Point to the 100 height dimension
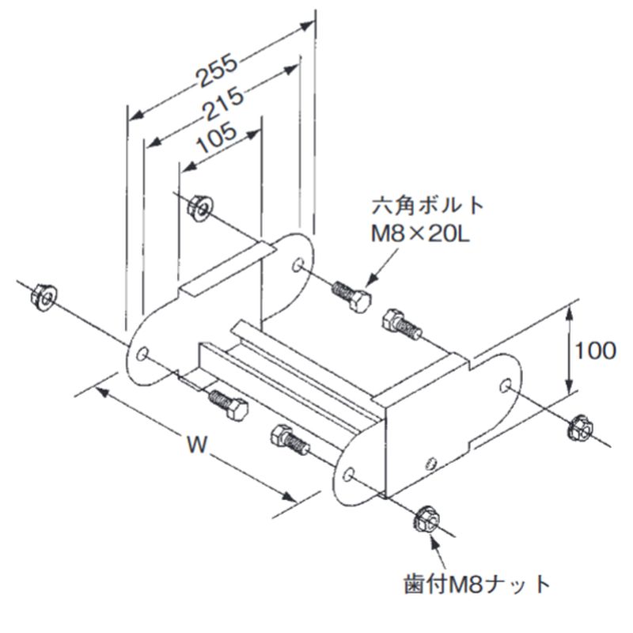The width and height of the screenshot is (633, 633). [x=595, y=351]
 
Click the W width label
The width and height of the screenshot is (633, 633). [x=197, y=445]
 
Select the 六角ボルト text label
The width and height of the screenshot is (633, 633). [x=427, y=206]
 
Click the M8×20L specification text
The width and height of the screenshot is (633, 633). [x=420, y=234]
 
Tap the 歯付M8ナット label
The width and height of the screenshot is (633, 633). [x=477, y=583]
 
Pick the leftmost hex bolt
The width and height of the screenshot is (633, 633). [x=228, y=404]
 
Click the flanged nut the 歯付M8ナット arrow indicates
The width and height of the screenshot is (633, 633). [x=426, y=518]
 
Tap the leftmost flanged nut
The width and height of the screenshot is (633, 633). [x=44, y=298]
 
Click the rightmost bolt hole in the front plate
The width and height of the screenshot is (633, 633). [x=505, y=385]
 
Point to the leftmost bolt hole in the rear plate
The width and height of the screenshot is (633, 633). [x=142, y=354]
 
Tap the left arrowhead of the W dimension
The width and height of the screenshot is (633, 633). [x=103, y=391]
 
